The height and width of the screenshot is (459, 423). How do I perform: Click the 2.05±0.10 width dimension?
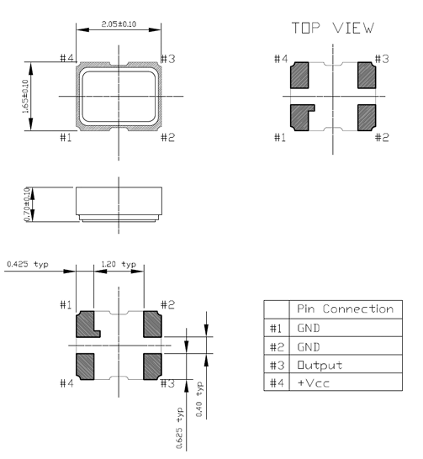point(118,26)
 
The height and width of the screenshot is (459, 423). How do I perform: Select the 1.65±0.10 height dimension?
point(24,96)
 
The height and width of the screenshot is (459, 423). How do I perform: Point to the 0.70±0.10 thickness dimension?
point(28,203)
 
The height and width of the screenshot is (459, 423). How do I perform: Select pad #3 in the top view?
point(366,76)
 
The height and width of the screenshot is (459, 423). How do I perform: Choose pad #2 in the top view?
point(366,115)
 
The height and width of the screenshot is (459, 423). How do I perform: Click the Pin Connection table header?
point(342,309)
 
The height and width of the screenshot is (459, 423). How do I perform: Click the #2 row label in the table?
point(274,346)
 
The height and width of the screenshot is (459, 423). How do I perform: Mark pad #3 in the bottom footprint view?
point(152,363)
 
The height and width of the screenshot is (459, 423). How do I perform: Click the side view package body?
point(118,203)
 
